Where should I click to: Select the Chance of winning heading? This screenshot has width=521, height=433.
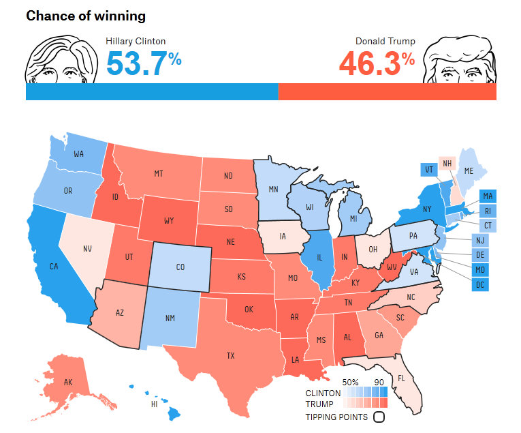click(x=86, y=15)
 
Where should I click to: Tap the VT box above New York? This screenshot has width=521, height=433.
click(x=429, y=169)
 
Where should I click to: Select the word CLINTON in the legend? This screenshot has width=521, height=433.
click(x=323, y=393)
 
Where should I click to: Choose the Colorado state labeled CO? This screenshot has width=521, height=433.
click(x=180, y=267)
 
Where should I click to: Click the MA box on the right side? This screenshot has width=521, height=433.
click(x=488, y=196)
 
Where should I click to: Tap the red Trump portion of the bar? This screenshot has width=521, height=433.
click(x=387, y=91)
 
